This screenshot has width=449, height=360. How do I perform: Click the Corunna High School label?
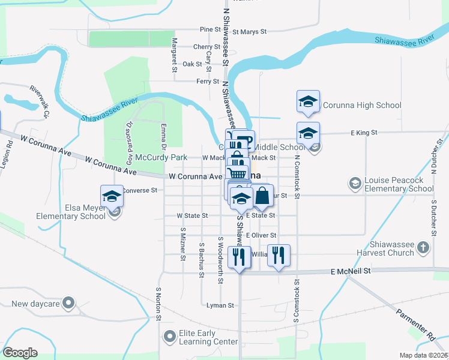362,106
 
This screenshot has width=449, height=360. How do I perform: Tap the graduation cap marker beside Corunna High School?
308,101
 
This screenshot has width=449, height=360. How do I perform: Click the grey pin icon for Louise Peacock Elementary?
355,182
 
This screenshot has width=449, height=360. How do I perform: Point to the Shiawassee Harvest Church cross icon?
424,247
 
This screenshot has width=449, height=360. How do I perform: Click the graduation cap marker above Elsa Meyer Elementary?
112,196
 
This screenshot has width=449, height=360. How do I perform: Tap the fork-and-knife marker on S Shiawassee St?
240,256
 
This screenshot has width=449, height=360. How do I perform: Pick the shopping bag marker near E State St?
262,196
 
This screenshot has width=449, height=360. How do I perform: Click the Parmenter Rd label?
415,322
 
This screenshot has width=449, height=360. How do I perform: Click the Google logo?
20,353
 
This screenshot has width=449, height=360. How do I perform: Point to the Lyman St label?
220,305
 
